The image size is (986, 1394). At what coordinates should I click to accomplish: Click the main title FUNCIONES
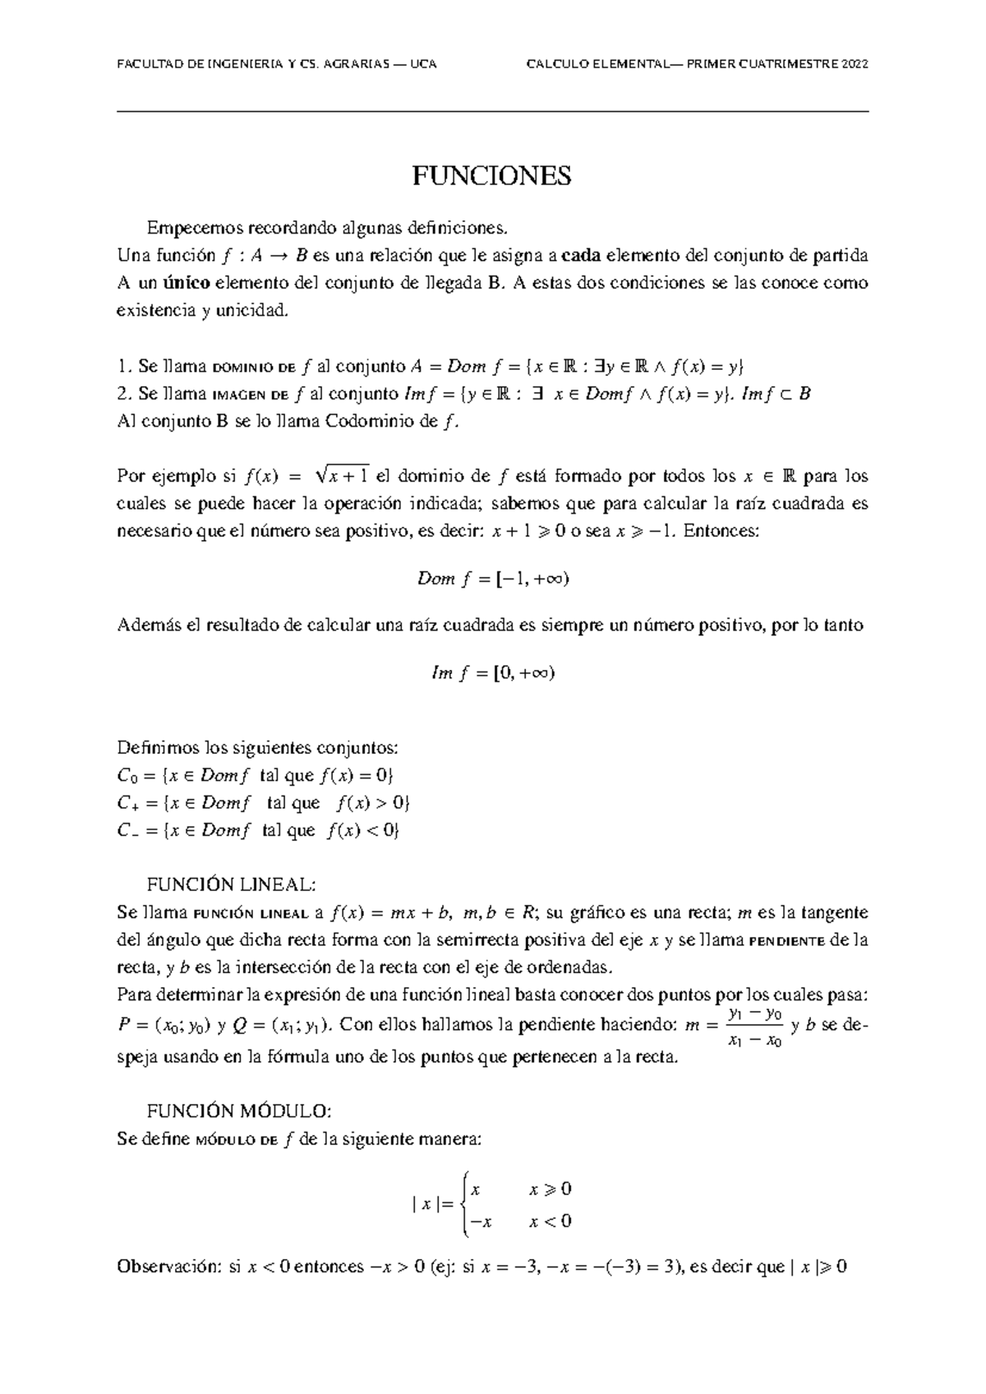[x=491, y=176]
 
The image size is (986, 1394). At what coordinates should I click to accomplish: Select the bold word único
[x=186, y=284]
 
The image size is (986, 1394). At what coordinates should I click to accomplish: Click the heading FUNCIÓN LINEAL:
[x=230, y=884]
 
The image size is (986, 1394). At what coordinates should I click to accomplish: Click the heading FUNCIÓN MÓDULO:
[x=238, y=1111]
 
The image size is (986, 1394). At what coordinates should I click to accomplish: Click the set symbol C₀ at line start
[x=125, y=776]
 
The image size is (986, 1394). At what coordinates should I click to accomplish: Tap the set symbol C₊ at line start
[x=127, y=803]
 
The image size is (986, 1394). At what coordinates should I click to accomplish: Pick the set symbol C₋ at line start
[x=127, y=831]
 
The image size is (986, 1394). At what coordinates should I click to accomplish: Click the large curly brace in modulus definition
[x=466, y=1205]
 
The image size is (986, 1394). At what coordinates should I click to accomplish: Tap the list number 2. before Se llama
[x=125, y=394]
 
